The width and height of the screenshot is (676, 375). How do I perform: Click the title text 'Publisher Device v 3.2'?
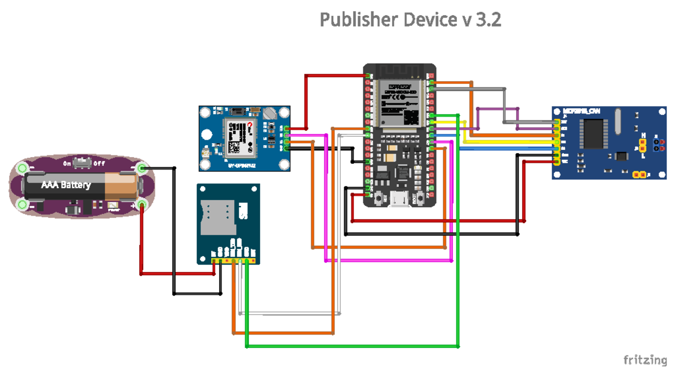[x=410, y=20]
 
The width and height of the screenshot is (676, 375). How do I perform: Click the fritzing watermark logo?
[x=644, y=359]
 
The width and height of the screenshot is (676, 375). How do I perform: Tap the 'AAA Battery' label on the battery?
[x=65, y=185]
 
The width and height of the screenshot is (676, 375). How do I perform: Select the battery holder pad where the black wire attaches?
[x=141, y=168]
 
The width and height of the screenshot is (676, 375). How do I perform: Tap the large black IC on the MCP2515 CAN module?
[x=594, y=133]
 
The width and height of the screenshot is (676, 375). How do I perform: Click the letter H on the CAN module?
[x=643, y=135]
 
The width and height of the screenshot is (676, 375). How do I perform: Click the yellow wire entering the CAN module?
[x=507, y=142]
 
